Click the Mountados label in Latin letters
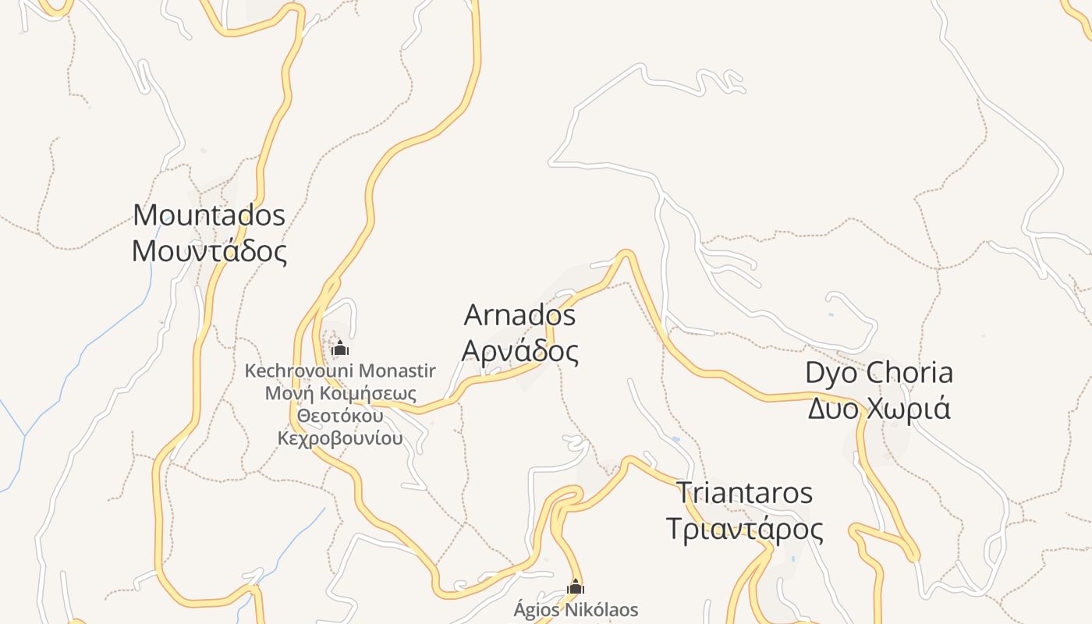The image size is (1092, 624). pyautogui.click(x=209, y=214)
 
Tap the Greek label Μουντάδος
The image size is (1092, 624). pyautogui.click(x=209, y=251)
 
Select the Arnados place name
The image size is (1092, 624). pyautogui.click(x=519, y=315)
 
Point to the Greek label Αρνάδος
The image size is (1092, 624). pyautogui.click(x=519, y=352)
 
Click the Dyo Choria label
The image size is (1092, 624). pyautogui.click(x=879, y=373)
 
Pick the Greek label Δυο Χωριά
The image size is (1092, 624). pyautogui.click(x=879, y=408)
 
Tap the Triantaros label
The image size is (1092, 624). pyautogui.click(x=744, y=493)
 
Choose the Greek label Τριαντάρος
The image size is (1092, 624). pyautogui.click(x=744, y=530)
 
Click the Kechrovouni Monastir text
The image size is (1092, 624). pyautogui.click(x=340, y=370)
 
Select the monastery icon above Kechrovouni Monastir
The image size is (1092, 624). pyautogui.click(x=340, y=348)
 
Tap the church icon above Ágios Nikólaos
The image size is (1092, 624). pyautogui.click(x=576, y=587)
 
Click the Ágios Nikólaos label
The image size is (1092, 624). pyautogui.click(x=576, y=609)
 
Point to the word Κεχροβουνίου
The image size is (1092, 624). pyautogui.click(x=340, y=438)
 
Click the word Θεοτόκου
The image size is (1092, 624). pyautogui.click(x=340, y=415)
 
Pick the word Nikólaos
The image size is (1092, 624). pyautogui.click(x=601, y=609)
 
